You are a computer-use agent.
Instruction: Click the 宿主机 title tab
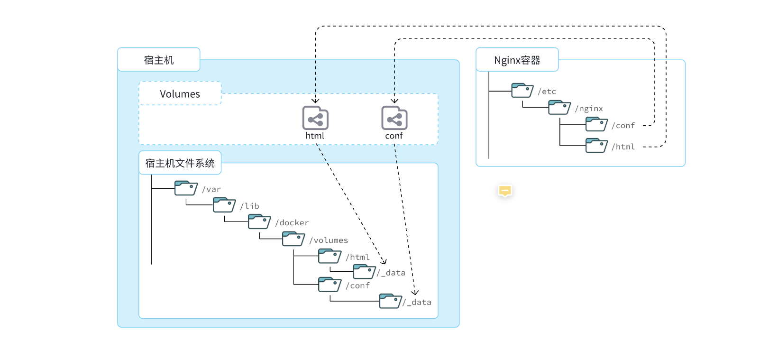pyautogui.click(x=159, y=60)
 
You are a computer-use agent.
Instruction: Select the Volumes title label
pyautogui.click(x=180, y=94)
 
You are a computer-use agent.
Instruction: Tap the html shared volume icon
pyautogui.click(x=315, y=118)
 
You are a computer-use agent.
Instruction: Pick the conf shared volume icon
pyautogui.click(x=394, y=118)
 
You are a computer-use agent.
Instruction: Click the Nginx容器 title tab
pyautogui.click(x=517, y=60)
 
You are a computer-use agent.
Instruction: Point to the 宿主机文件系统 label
pyautogui.click(x=180, y=163)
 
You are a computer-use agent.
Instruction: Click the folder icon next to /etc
pyautogui.click(x=522, y=91)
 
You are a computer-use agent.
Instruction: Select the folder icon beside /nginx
pyautogui.click(x=559, y=108)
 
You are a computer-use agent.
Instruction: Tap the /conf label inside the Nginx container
pyautogui.click(x=623, y=126)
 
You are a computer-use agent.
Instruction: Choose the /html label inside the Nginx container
pyautogui.click(x=623, y=147)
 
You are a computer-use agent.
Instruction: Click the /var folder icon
pyautogui.click(x=186, y=188)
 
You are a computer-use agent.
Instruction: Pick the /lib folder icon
pyautogui.click(x=224, y=205)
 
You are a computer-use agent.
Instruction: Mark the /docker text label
pyautogui.click(x=292, y=223)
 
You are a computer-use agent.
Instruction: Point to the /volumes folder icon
pyautogui.click(x=293, y=239)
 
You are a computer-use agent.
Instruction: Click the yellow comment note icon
pyautogui.click(x=505, y=191)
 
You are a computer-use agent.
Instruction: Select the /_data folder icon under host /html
pyautogui.click(x=364, y=272)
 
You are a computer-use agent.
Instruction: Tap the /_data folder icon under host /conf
pyautogui.click(x=390, y=301)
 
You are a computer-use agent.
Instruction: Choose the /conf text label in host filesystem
pyautogui.click(x=357, y=286)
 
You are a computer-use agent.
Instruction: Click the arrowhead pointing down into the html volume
pyautogui.click(x=315, y=101)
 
